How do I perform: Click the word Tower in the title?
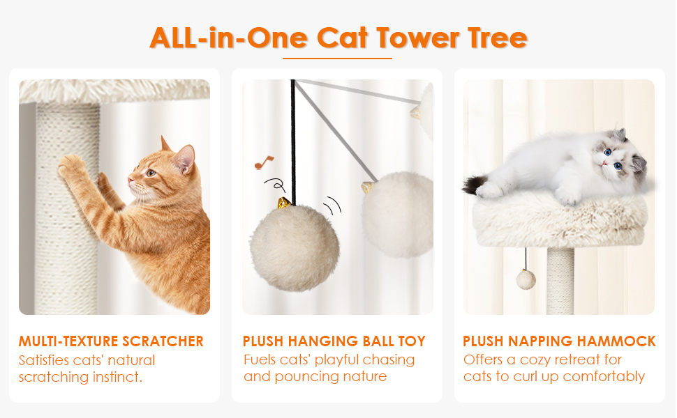(x=417, y=38)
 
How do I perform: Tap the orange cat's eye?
(x=151, y=173)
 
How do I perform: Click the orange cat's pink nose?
(x=130, y=178)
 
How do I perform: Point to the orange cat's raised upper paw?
(x=71, y=166)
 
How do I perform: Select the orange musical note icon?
(x=264, y=162)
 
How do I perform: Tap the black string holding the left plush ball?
(x=293, y=140)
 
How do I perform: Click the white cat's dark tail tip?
(x=473, y=184)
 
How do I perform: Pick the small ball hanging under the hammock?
(x=526, y=279)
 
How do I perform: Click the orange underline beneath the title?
(x=337, y=59)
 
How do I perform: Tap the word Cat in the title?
(x=343, y=38)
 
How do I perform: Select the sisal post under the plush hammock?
(x=560, y=281)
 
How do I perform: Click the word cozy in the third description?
(x=535, y=359)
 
